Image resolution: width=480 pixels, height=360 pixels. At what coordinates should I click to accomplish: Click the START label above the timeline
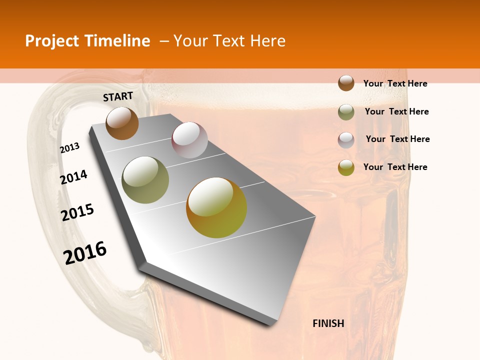click(x=118, y=96)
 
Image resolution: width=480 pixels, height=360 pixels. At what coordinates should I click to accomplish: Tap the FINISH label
click(x=328, y=323)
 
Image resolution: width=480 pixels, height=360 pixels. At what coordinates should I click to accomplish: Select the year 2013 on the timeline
click(x=70, y=147)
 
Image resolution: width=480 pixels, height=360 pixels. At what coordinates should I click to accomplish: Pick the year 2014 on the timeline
click(x=74, y=177)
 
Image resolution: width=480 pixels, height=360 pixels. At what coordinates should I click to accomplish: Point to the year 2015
click(x=77, y=212)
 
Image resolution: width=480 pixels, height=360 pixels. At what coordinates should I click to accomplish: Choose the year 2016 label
click(x=85, y=252)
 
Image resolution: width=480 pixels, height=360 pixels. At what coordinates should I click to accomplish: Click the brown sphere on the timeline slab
click(x=122, y=123)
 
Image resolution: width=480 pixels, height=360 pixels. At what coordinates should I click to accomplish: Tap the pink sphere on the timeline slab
click(x=189, y=139)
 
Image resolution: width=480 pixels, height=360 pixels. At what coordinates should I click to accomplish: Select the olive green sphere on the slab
click(x=145, y=180)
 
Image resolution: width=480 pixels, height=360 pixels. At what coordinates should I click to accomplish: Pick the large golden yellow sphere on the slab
click(x=216, y=207)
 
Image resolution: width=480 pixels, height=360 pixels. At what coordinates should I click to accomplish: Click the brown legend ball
click(x=346, y=83)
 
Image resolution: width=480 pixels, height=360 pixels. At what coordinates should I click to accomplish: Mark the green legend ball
click(x=346, y=112)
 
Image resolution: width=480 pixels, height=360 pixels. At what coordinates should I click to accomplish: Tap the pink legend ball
click(x=346, y=140)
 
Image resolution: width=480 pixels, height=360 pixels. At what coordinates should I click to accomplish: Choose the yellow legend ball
click(x=346, y=167)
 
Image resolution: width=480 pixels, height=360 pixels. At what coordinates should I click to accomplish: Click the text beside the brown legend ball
click(x=395, y=83)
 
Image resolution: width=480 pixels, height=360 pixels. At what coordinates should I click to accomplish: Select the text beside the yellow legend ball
click(x=395, y=167)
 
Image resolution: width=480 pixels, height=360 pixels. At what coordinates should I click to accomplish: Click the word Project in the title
click(x=52, y=41)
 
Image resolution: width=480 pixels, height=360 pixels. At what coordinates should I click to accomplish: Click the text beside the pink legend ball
click(x=397, y=139)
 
